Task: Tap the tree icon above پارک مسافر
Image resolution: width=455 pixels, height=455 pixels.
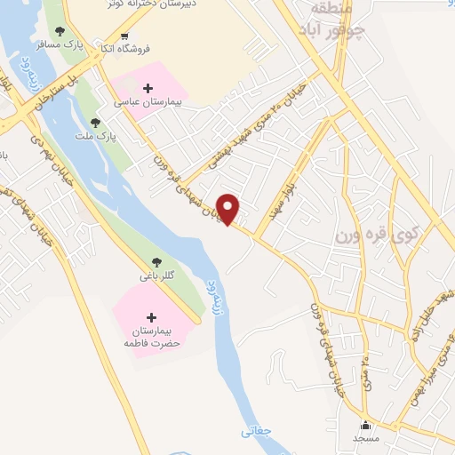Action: [60, 30]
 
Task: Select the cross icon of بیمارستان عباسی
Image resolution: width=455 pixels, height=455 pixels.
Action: [148, 88]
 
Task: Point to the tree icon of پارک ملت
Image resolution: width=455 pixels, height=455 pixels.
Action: [96, 123]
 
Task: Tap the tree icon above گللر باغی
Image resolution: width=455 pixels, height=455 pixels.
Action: [157, 262]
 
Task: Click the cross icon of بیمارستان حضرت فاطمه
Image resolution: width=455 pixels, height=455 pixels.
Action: [150, 317]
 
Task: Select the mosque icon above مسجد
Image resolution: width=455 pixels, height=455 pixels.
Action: [366, 426]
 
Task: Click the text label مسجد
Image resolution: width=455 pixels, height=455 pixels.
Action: [365, 439]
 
